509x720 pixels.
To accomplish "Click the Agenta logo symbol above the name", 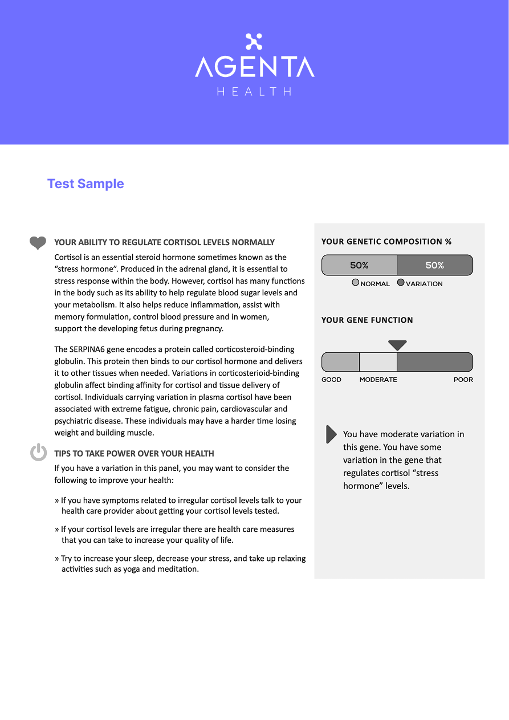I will coord(254,42).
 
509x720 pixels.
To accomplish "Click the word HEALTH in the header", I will coord(254,91).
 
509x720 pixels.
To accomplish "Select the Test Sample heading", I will coord(85,184).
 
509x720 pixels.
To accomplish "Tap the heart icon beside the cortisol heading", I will coord(38,243).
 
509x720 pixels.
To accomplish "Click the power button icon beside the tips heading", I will coord(38,453).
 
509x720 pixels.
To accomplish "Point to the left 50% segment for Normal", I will coord(359,266).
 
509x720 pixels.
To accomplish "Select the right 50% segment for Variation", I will coord(434,266).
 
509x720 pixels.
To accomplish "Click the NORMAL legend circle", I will coord(356,283).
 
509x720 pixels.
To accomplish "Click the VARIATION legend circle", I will coord(401,283).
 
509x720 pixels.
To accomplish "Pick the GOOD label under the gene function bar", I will coord(331,380).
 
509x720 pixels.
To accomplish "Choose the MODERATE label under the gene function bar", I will coord(378,380).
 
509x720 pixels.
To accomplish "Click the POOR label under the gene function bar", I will coord(463,380).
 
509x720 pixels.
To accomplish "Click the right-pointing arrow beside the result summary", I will coord(331,434).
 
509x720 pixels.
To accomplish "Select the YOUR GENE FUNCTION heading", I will coord(367,320).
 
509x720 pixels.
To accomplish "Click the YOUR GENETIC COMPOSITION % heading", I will coord(386,242).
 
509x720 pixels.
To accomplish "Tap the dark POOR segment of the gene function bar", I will coord(434,363).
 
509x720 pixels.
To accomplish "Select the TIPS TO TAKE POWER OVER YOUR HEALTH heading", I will coord(134,454).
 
